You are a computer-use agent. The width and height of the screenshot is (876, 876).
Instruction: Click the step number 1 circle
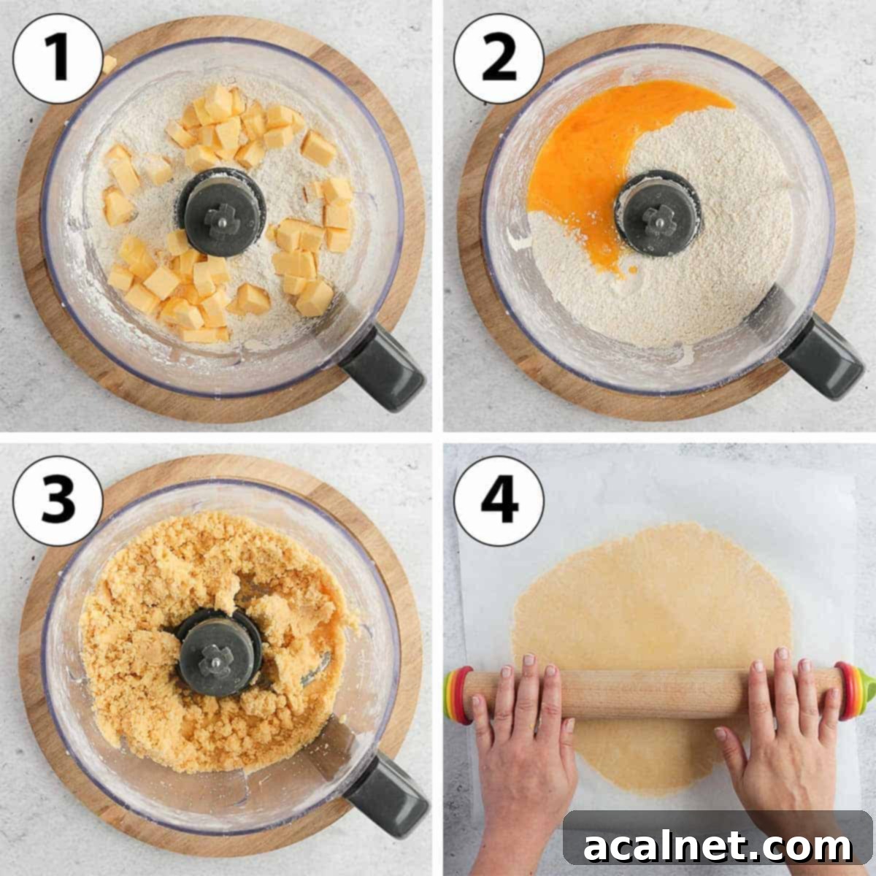click(x=58, y=58)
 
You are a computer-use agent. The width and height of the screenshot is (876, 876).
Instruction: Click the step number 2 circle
click(x=499, y=58)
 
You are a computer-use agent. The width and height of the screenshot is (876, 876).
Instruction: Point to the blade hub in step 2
click(x=658, y=212)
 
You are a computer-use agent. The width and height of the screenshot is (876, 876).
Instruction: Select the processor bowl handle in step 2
click(x=822, y=357)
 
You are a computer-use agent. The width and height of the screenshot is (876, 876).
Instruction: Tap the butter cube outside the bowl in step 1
click(x=109, y=64)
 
